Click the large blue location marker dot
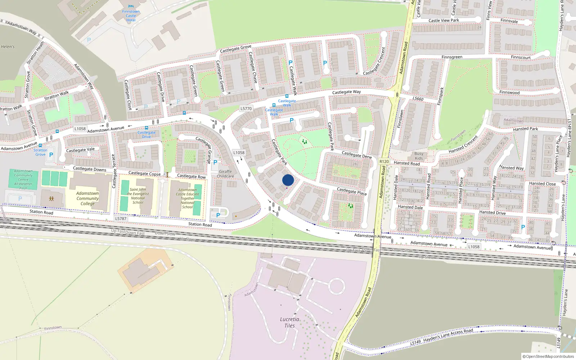pos(288,180)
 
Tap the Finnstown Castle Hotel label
pos(131,16)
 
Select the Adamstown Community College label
pos(87,198)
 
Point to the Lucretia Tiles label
pos(289,322)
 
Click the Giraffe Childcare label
pos(225,174)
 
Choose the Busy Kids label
pos(419,156)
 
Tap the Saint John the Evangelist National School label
pos(138,196)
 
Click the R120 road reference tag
pos(384,162)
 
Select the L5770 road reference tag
pos(246,108)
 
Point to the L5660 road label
pos(418,99)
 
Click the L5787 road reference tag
pos(121,219)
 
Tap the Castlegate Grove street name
pos(235,49)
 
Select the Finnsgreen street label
pos(452,57)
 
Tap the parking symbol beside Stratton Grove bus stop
pos(51,155)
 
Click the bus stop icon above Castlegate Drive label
pos(147,128)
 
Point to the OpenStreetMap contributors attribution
pos(548,356)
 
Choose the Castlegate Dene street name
pos(356,155)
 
